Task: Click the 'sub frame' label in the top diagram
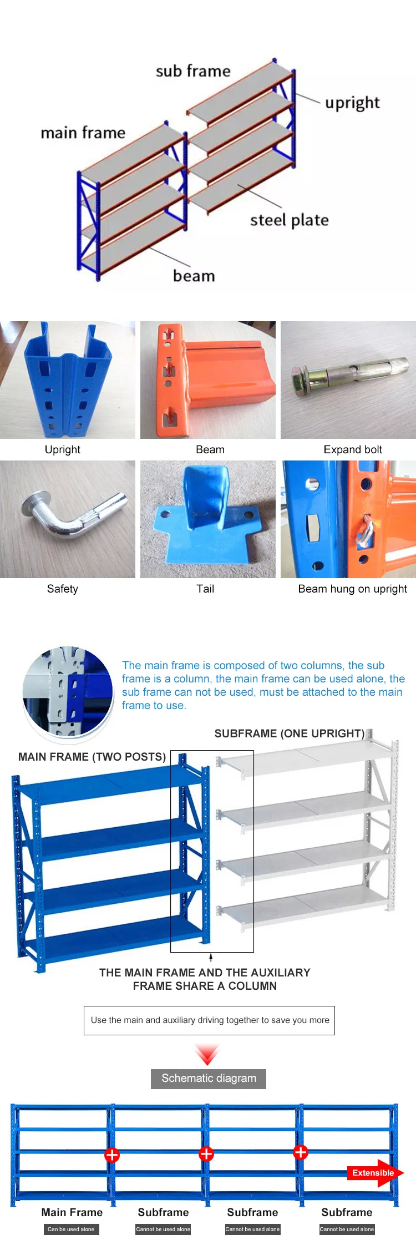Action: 192,71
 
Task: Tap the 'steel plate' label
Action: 289,220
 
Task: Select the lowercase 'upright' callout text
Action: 352,103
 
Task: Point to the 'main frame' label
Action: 83,133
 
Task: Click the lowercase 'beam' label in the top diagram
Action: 194,276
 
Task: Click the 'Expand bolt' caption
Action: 353,449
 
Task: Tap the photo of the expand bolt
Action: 348,380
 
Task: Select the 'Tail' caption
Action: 205,589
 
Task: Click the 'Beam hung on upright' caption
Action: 352,589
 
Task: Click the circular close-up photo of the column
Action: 68,691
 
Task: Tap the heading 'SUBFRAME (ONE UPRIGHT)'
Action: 290,733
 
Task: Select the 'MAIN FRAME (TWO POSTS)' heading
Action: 92,757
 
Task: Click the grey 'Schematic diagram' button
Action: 209,1079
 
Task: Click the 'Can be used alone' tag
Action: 71,1229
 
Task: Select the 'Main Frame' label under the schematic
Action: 72,1212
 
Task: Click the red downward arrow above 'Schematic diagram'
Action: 207,1054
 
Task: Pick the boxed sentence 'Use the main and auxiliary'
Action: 209,1020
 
